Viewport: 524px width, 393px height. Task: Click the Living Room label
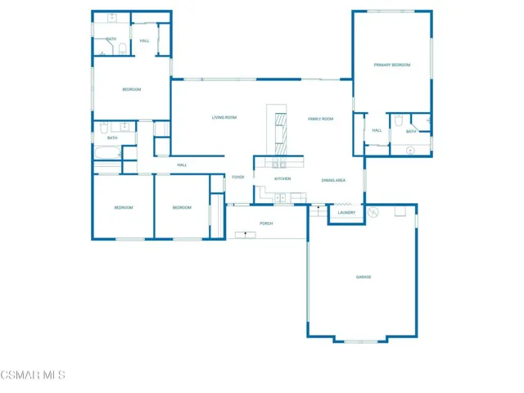click(x=224, y=118)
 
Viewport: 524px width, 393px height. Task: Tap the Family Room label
click(x=320, y=120)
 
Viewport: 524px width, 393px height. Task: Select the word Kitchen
click(x=282, y=178)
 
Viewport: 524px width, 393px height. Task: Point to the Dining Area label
click(x=333, y=180)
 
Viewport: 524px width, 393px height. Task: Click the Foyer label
click(x=238, y=178)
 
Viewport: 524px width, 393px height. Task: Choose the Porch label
click(x=266, y=223)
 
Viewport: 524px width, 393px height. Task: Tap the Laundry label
click(x=346, y=213)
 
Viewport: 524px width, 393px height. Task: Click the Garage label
click(x=364, y=277)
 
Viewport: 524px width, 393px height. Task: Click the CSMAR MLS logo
click(x=33, y=375)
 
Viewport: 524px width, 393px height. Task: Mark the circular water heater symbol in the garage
click(x=373, y=212)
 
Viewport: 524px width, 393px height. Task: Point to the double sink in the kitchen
click(x=279, y=197)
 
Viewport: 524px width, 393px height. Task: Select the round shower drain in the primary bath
click(x=410, y=150)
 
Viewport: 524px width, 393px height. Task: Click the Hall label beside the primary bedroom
click(x=377, y=130)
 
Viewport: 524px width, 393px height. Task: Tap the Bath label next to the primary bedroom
click(x=411, y=131)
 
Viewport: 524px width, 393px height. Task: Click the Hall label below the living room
click(x=183, y=165)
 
